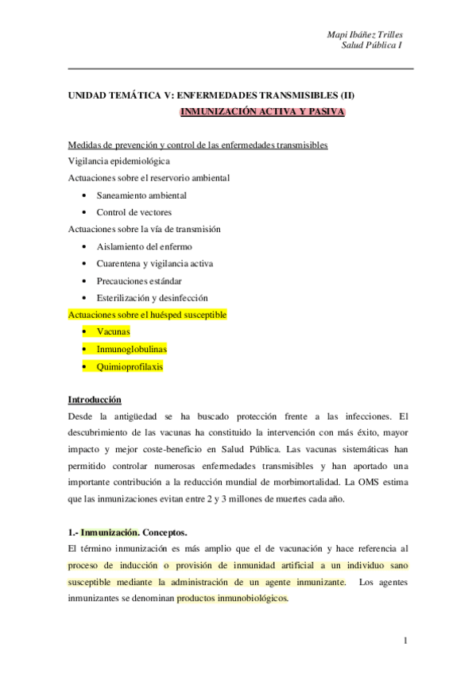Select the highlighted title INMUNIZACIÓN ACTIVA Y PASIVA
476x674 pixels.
click(x=262, y=112)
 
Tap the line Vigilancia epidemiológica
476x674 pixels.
click(x=118, y=161)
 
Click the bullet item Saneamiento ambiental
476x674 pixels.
click(x=141, y=195)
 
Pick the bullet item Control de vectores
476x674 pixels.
click(x=134, y=212)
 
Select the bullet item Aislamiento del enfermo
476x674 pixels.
click(x=144, y=246)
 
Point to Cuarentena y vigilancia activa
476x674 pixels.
click(x=154, y=263)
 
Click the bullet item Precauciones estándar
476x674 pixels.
click(x=139, y=281)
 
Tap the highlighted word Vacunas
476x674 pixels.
click(x=113, y=331)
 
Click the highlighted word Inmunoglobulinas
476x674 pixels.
click(x=131, y=349)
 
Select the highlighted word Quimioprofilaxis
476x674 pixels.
click(x=130, y=366)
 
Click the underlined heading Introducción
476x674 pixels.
click(x=95, y=400)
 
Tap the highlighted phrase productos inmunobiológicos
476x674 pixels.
click(x=233, y=599)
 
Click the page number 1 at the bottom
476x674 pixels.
click(x=405, y=640)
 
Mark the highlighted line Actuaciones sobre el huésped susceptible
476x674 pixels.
click(x=148, y=314)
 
